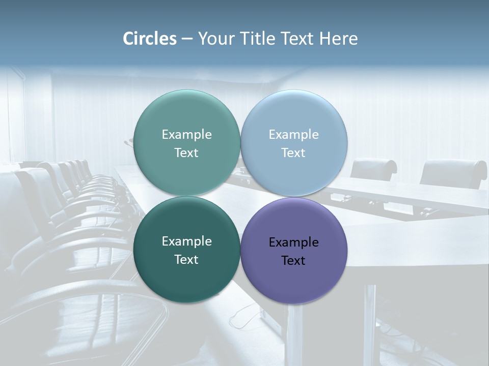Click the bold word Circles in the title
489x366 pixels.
(x=149, y=39)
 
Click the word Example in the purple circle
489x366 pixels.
(x=293, y=242)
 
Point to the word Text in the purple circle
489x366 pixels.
(x=293, y=261)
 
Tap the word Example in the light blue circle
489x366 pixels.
(x=293, y=135)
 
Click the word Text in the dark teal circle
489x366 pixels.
(x=186, y=260)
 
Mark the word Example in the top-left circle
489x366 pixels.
(x=186, y=135)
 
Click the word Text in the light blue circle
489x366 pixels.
(x=293, y=153)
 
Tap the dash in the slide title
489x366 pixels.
(x=187, y=39)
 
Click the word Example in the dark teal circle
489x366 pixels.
(x=186, y=241)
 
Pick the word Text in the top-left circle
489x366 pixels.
(x=186, y=153)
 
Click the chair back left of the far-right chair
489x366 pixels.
(x=373, y=168)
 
